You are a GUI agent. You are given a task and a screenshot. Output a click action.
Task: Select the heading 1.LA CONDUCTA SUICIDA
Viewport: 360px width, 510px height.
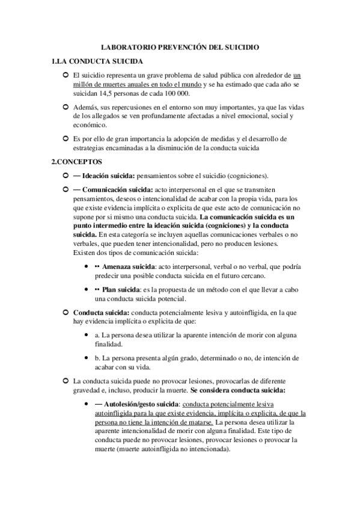coord(97,61)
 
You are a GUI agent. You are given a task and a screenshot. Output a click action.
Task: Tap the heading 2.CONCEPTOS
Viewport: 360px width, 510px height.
coord(78,162)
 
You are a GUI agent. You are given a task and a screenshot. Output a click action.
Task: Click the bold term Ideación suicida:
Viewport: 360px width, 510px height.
coord(109,176)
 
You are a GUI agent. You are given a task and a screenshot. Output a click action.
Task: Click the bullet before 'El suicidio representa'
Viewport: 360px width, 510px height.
coord(65,75)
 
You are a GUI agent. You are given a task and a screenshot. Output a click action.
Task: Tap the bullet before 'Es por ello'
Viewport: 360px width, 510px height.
coord(65,138)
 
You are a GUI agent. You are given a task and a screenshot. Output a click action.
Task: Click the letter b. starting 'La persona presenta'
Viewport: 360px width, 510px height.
coord(98,358)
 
